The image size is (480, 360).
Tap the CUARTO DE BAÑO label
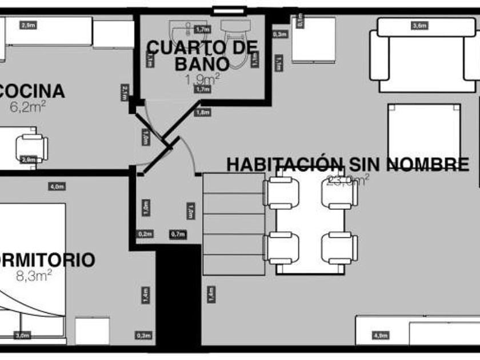[202, 54]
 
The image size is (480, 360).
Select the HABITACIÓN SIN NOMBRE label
[347, 164]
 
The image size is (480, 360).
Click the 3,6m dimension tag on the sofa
[419, 25]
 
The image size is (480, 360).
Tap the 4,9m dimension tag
[380, 335]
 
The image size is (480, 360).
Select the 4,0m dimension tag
[57, 186]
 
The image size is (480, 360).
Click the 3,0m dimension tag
[22, 335]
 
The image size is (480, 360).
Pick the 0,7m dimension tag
[178, 234]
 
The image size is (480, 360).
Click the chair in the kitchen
[31, 147]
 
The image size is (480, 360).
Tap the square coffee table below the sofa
[423, 133]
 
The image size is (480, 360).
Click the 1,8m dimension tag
[203, 113]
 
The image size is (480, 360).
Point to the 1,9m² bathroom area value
[202, 79]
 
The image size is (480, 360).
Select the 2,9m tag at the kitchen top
[27, 25]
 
